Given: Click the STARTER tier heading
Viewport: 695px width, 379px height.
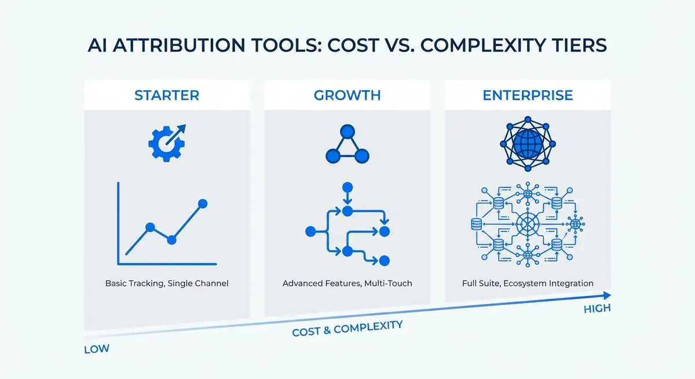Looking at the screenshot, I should (167, 95).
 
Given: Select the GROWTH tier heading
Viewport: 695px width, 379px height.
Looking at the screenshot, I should (348, 95).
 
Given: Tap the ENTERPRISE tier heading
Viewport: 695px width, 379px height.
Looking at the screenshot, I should (528, 95).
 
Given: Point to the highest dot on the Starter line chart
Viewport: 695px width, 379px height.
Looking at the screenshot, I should (203, 203).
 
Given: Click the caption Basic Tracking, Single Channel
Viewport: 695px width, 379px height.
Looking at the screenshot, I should (167, 284).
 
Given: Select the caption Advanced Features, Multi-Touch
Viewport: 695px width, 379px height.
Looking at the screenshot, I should (348, 284).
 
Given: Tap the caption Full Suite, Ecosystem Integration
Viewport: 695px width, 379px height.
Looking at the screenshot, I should (528, 284).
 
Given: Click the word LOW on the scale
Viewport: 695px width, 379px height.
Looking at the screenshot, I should (97, 349).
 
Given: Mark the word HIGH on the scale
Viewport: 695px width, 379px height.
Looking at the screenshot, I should (597, 308).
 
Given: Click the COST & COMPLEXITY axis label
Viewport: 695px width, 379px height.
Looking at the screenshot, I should (348, 329).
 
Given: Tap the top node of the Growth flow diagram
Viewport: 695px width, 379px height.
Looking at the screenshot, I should (348, 187).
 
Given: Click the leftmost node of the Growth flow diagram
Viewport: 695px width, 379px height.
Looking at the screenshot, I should (310, 231).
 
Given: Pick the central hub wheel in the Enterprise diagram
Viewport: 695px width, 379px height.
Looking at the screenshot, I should (528, 223).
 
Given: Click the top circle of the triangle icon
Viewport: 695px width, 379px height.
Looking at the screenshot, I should (348, 131).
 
